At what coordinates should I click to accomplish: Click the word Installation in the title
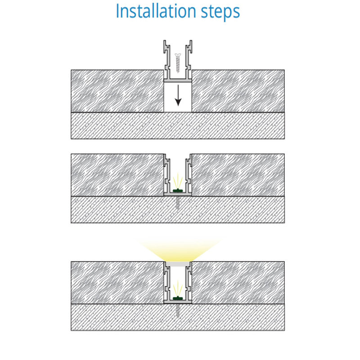[156, 11]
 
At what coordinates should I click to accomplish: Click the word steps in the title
[220, 12]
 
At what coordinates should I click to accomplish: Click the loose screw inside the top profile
[178, 62]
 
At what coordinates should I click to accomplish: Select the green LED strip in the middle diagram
[177, 190]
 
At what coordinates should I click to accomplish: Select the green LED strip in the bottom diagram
[177, 298]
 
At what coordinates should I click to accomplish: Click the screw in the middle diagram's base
[177, 202]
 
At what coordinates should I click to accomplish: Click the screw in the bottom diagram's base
[177, 310]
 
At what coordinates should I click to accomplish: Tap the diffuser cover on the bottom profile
[178, 264]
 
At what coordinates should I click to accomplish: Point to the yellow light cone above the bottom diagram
[178, 250]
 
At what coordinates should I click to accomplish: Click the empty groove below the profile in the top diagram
[178, 97]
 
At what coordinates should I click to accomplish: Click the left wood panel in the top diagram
[117, 91]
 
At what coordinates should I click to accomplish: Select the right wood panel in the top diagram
[238, 91]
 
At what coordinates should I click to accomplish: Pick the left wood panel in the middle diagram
[117, 175]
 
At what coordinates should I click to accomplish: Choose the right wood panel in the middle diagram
[238, 175]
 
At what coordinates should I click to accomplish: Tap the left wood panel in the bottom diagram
[117, 283]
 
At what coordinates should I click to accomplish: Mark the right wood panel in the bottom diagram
[238, 283]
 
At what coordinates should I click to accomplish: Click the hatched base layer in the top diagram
[178, 126]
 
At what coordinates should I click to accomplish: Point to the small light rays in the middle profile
[178, 181]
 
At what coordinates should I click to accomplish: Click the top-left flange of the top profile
[165, 46]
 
